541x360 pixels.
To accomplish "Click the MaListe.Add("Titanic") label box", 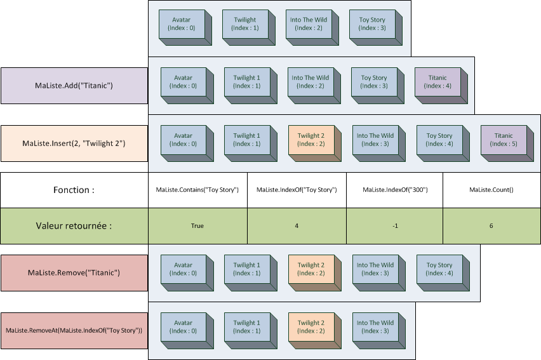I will pyautogui.click(x=74, y=86).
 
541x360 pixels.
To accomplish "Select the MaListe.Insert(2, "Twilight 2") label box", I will pyautogui.click(x=74, y=143).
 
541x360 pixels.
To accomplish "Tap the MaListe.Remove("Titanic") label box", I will pyautogui.click(x=74, y=273).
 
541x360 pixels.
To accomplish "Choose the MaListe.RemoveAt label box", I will pyautogui.click(x=74, y=331).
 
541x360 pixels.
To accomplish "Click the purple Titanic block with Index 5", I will pyautogui.click(x=503, y=140).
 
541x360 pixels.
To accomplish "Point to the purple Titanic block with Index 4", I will pyautogui.click(x=437, y=82).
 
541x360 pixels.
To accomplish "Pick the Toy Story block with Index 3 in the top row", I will pyautogui.click(x=372, y=24).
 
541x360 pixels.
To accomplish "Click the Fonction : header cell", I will pyautogui.click(x=74, y=190).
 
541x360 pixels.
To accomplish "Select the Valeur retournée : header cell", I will pyautogui.click(x=74, y=225).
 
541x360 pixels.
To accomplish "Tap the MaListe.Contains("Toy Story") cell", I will pyautogui.click(x=197, y=190).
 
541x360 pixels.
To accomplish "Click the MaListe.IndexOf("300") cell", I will pyautogui.click(x=394, y=190).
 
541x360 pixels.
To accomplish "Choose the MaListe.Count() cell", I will pyautogui.click(x=491, y=190).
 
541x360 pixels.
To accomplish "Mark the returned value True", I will pyautogui.click(x=197, y=225).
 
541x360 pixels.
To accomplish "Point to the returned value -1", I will pyautogui.click(x=394, y=225).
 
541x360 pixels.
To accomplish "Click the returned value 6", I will pyautogui.click(x=491, y=225).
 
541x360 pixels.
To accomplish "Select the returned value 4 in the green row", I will pyautogui.click(x=297, y=225).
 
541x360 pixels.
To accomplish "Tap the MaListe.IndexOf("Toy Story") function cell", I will pyautogui.click(x=297, y=190).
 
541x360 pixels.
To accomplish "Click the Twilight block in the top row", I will pyautogui.click(x=244, y=24).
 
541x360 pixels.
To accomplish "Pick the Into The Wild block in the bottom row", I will pyautogui.click(x=375, y=327).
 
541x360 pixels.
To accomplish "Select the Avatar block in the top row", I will pyautogui.click(x=181, y=24).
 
